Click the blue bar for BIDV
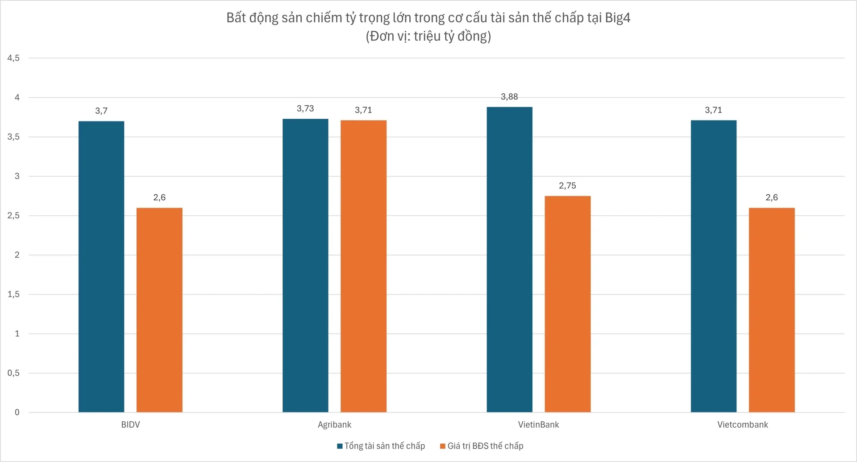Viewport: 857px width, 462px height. (x=101, y=266)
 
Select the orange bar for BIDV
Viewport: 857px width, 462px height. (x=159, y=310)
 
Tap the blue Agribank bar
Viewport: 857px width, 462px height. (x=305, y=266)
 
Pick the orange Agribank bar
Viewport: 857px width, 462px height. (x=363, y=266)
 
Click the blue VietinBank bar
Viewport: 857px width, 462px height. (x=509, y=259)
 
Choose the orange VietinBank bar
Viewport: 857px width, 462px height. (x=567, y=304)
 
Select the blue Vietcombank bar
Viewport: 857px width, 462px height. (x=713, y=266)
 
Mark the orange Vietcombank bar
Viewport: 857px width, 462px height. (x=771, y=310)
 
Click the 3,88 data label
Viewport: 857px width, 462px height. (x=509, y=97)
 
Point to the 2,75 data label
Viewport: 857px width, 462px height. (x=567, y=186)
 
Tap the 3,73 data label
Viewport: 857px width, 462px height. (x=305, y=108)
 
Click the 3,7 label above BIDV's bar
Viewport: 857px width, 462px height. (x=101, y=111)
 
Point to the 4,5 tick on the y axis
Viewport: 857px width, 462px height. (x=13, y=58)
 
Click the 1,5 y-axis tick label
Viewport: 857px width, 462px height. (x=13, y=294)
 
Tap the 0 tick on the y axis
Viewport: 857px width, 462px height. (x=17, y=412)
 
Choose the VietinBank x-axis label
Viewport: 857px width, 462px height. (x=538, y=425)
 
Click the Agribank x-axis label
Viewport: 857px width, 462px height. (x=334, y=425)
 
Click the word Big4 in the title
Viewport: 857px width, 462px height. (x=617, y=18)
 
